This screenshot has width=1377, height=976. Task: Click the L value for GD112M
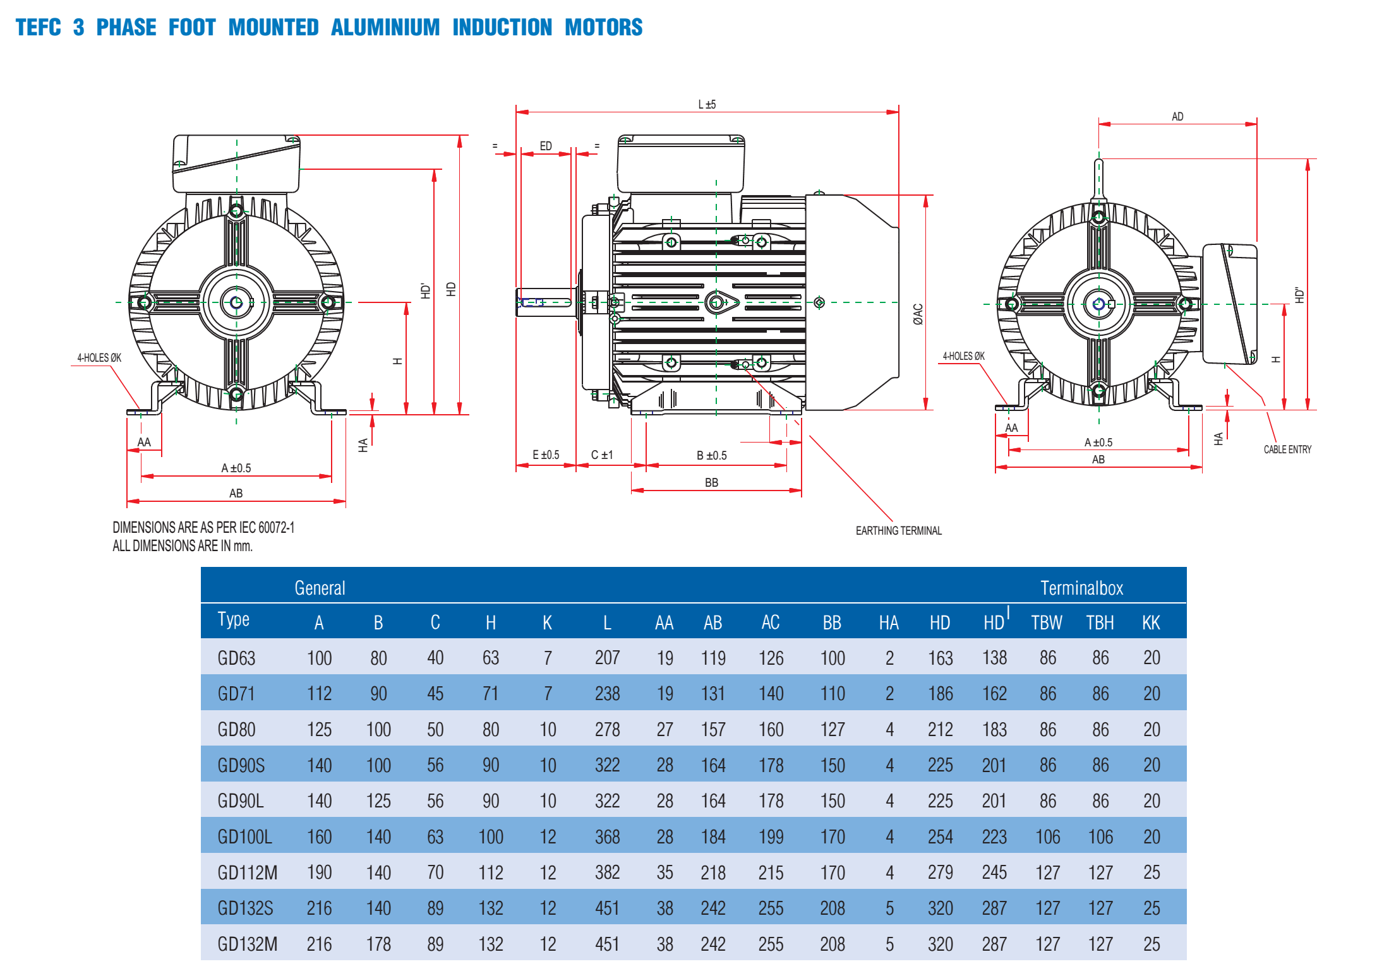point(607,872)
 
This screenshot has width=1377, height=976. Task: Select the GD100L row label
point(244,836)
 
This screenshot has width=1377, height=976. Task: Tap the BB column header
point(832,622)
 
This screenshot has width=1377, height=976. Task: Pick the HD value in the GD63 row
point(940,658)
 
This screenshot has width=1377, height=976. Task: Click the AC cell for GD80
point(771,729)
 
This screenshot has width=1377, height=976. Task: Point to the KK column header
point(1151,622)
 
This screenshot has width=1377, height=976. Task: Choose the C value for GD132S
point(435,908)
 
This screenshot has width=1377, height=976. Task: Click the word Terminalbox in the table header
point(1081,588)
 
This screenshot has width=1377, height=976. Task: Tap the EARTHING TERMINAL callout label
point(898,530)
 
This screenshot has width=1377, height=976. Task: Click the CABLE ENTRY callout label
point(1287,449)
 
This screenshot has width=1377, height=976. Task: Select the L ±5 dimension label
point(707,105)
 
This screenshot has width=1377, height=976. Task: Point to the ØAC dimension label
point(918,314)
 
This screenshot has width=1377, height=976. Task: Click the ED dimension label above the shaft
point(546,146)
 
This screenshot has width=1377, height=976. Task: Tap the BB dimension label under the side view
point(711,482)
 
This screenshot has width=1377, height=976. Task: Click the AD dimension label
point(1177,117)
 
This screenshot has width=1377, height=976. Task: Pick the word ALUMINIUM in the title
point(385,27)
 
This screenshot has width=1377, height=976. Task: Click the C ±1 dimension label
point(602,455)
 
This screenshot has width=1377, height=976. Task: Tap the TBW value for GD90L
point(1047,800)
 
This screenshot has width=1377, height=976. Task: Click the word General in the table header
point(320,588)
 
